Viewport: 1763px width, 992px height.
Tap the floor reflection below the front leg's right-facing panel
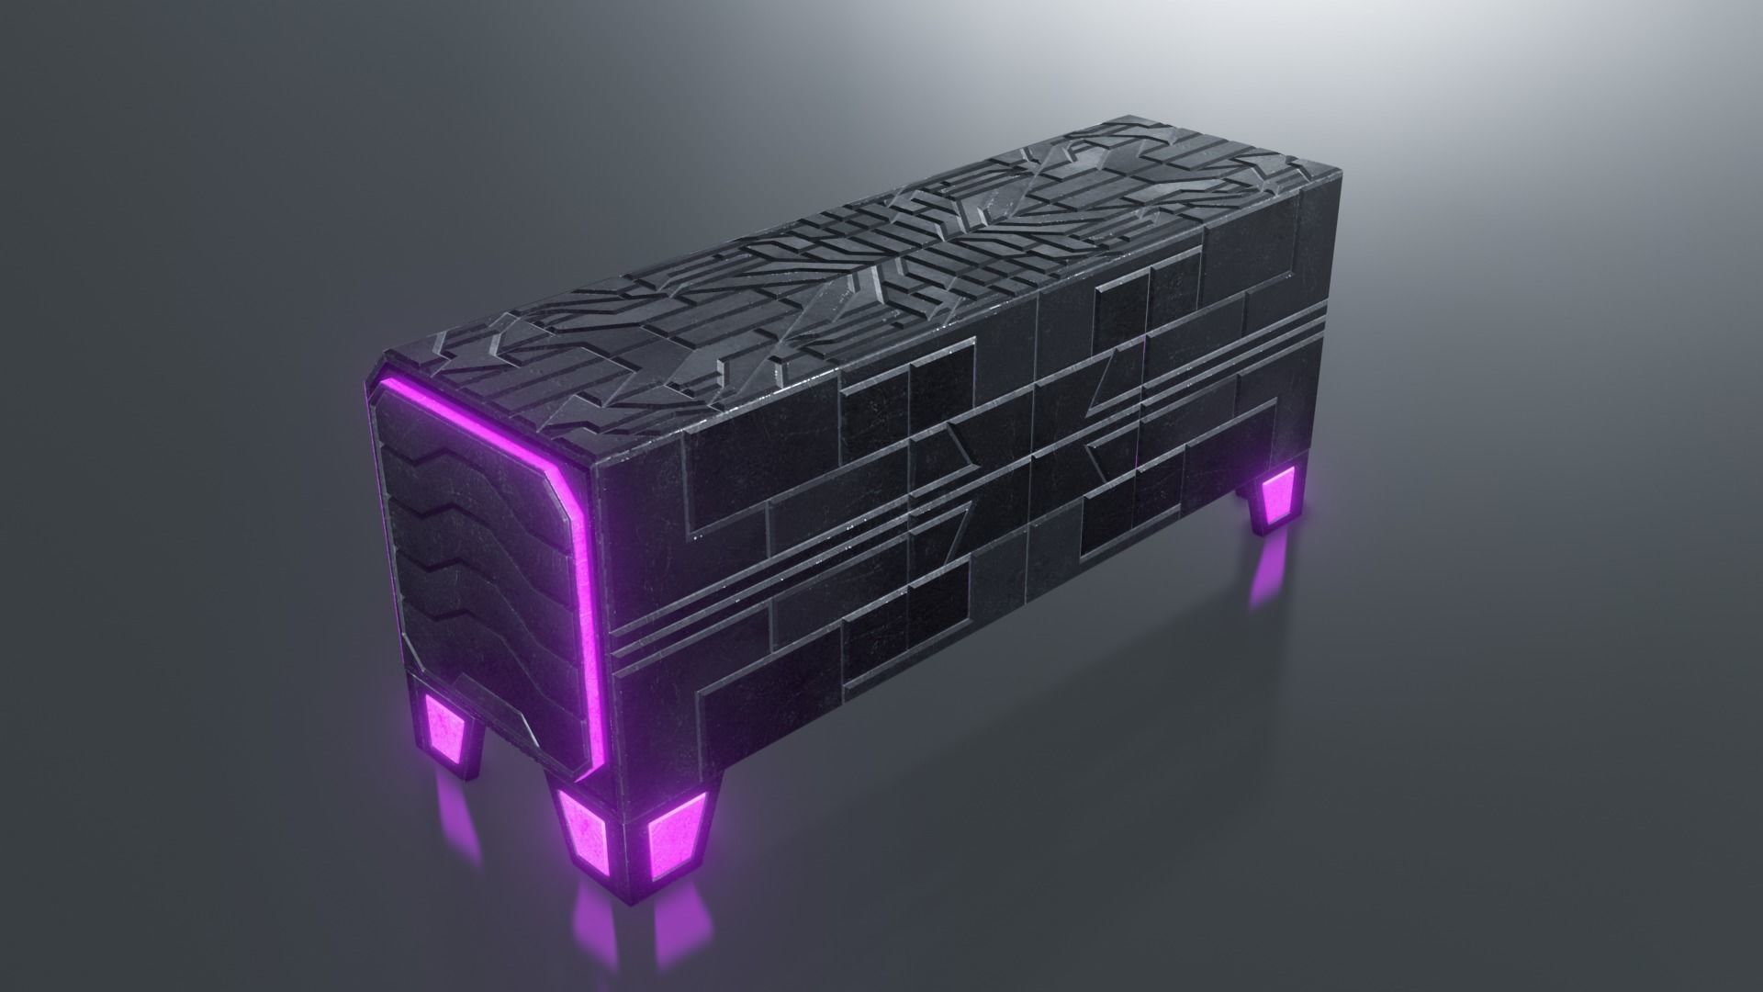point(675,928)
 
